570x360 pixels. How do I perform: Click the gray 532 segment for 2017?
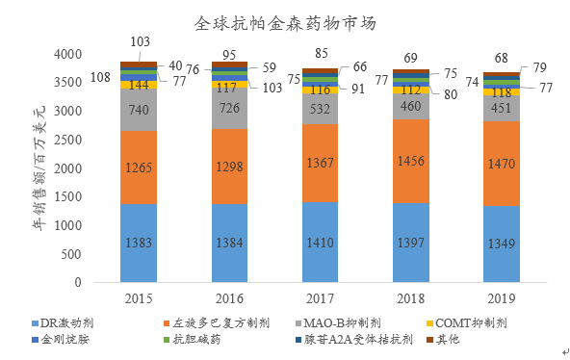320,110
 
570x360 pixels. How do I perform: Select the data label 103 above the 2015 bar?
140,42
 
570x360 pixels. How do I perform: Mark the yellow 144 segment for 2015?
139,85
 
